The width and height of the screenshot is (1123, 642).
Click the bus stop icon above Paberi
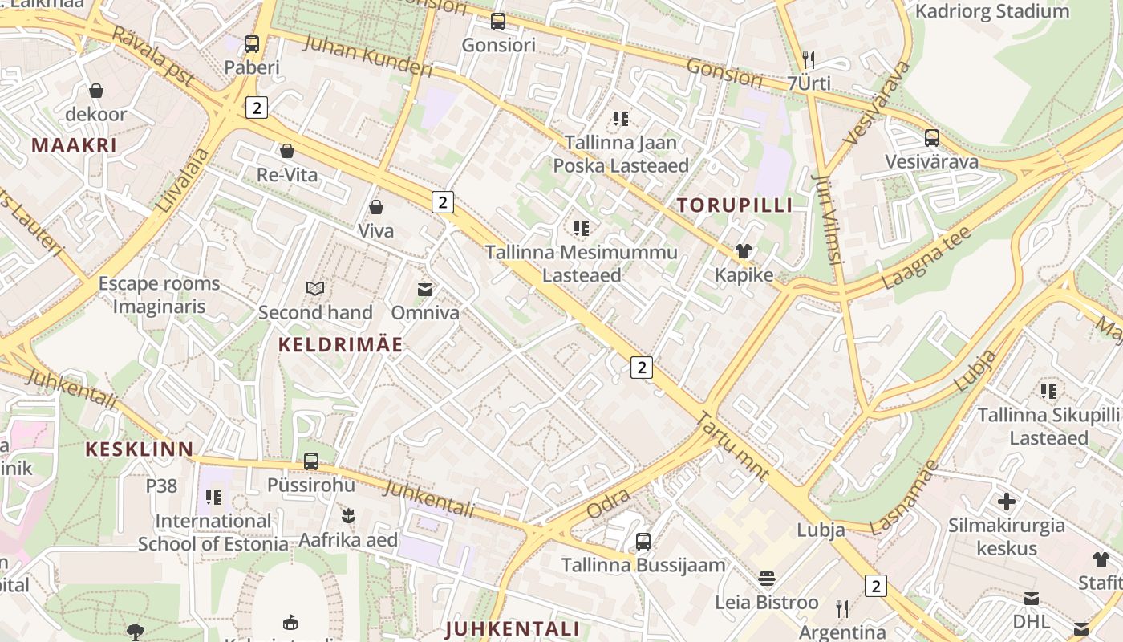point(252,44)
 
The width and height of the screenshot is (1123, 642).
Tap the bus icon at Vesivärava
point(931,138)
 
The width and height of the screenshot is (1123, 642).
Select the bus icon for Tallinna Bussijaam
point(643,542)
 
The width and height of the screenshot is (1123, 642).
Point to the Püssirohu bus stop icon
point(311,461)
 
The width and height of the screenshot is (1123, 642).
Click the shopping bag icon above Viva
point(375,208)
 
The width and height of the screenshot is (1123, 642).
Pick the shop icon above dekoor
point(96,91)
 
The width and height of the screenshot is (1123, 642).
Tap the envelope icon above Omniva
point(425,289)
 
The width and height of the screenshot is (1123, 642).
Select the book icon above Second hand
point(315,289)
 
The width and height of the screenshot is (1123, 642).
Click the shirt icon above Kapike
point(744,252)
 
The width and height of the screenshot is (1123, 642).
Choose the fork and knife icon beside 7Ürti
point(809,60)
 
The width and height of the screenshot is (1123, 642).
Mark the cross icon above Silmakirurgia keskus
point(1006,502)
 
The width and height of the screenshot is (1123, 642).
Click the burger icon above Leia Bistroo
point(767,579)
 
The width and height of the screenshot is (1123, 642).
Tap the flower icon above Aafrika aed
point(348,516)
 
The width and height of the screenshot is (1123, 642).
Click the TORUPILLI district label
point(734,205)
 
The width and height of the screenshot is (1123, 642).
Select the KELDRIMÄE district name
point(340,345)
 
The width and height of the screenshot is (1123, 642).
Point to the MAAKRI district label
point(74,145)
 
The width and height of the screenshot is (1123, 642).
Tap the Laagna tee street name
point(926,258)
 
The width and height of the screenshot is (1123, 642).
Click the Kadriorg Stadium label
point(991,11)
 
